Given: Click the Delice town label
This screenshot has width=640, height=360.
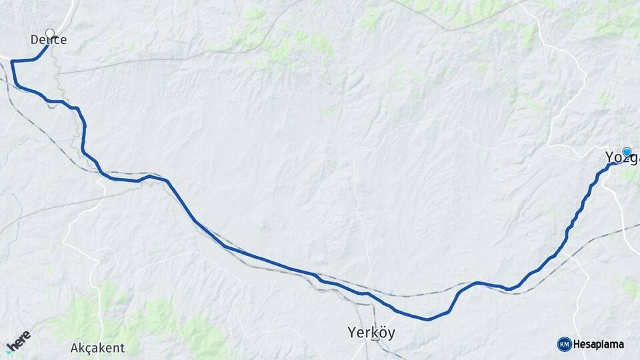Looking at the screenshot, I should (x=49, y=40).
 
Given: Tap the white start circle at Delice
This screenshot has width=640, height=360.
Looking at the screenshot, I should (x=49, y=33).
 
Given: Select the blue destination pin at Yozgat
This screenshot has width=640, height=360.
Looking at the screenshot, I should (x=627, y=153).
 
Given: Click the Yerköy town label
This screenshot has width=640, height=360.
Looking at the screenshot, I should (x=371, y=332).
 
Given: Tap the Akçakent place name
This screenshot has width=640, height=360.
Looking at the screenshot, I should (x=97, y=348).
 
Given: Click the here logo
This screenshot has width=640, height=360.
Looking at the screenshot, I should (x=18, y=342).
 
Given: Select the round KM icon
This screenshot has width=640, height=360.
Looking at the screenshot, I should (x=564, y=344).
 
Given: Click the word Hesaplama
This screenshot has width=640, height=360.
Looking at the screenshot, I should (x=599, y=345).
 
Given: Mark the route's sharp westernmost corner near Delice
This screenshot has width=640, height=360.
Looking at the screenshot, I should (x=12, y=61).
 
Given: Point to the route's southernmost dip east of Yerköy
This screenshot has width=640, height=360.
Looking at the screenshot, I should (x=427, y=319).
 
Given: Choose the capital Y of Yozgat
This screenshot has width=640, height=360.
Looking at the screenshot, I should (x=609, y=158).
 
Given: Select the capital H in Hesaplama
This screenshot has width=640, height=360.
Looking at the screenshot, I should (x=577, y=345).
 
